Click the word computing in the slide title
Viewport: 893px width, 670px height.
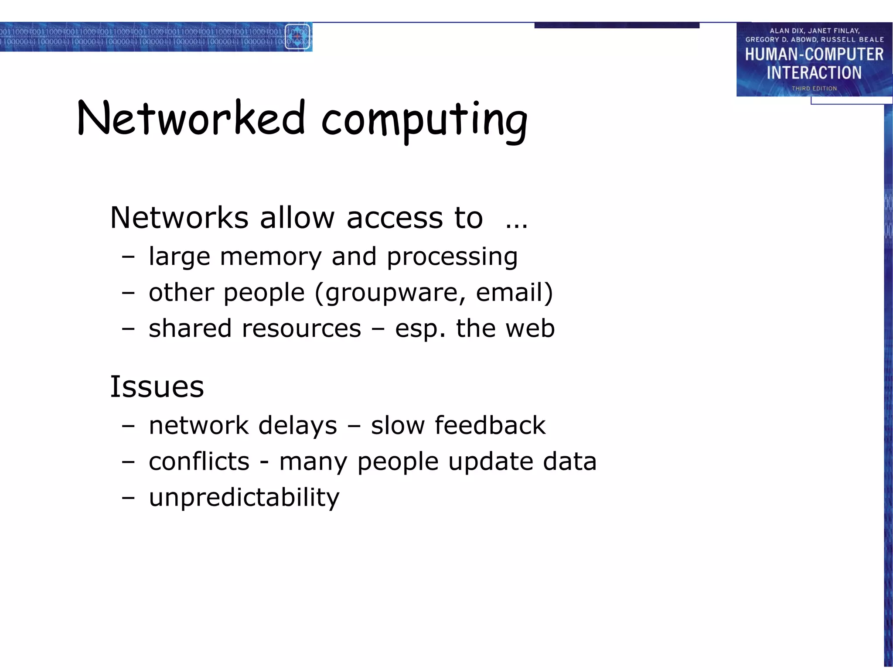424,120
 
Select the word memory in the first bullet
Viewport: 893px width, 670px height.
271,256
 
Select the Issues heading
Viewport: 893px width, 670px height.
157,387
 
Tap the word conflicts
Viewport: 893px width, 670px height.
199,461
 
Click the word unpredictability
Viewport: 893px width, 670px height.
244,498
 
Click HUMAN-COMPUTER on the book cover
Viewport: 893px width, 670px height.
814,55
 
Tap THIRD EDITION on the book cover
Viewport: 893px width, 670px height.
814,89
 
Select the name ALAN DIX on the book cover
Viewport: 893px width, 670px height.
786,31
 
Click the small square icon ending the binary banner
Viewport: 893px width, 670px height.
298,37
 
